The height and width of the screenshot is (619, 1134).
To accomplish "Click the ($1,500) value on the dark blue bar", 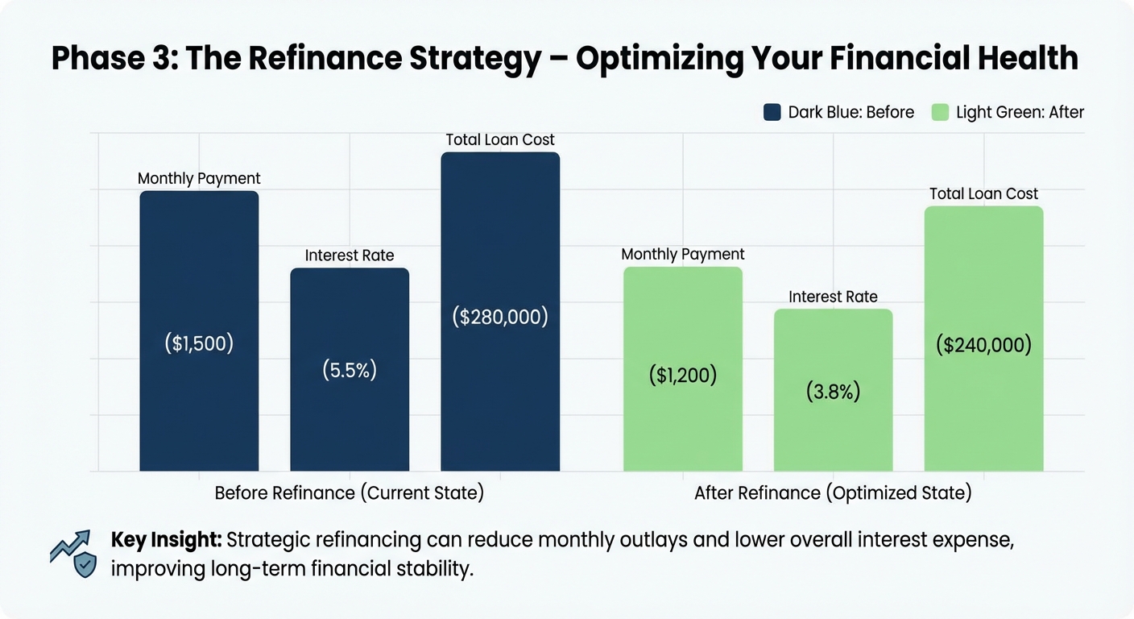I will [199, 343].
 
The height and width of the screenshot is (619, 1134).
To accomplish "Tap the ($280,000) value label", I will [499, 317].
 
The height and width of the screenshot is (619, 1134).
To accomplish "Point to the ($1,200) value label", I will [683, 375].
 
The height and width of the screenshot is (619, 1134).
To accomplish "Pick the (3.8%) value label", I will [833, 392].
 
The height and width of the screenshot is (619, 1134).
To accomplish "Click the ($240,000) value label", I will [983, 345].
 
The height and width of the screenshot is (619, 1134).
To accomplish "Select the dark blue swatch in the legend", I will [772, 112].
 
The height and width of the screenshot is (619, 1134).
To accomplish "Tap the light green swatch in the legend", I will [940, 112].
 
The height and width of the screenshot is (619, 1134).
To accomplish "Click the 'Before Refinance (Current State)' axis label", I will [350, 492].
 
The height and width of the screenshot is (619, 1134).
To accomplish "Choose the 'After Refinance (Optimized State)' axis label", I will [833, 492].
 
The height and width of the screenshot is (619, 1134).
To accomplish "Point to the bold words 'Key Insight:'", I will [167, 540].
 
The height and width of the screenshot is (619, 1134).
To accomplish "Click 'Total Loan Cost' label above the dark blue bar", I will [500, 140].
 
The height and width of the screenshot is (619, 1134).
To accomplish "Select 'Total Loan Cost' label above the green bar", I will [983, 193].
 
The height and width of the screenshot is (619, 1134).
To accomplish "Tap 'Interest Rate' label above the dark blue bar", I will [350, 255].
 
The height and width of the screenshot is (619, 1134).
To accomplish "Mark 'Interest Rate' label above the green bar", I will [833, 297].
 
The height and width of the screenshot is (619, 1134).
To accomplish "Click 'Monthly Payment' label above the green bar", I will [683, 255].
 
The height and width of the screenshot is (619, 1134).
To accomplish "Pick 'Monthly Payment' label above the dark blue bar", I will [199, 179].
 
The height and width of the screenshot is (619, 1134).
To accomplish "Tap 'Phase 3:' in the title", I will [112, 59].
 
